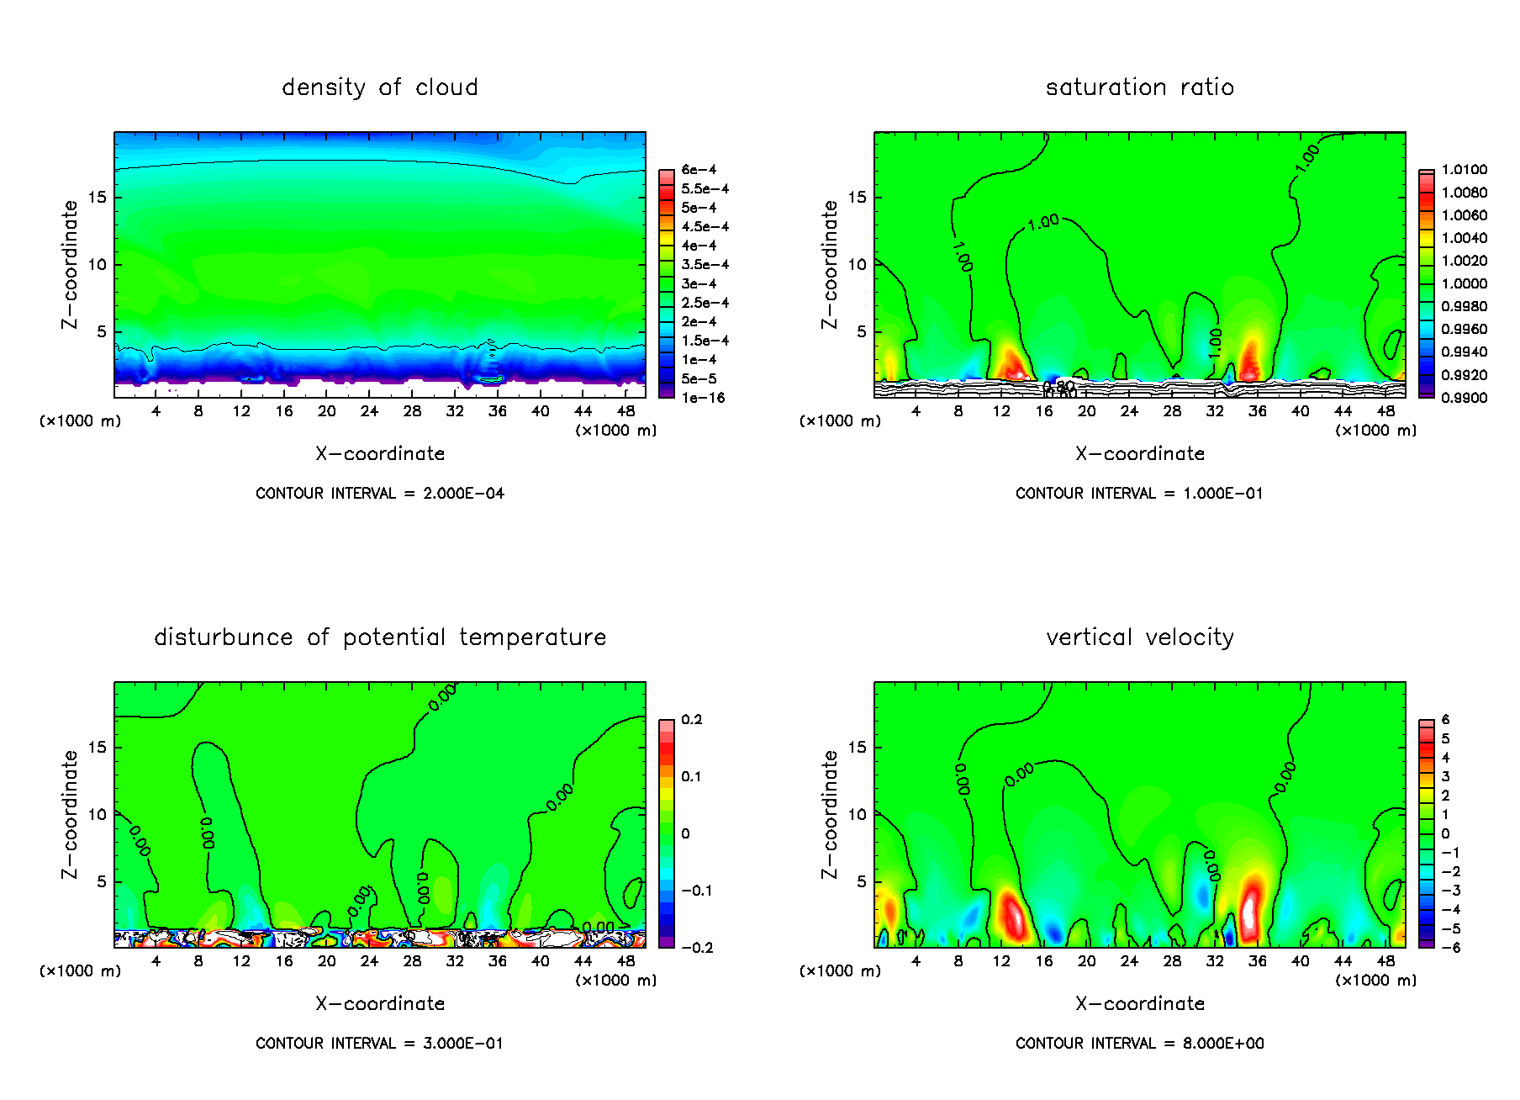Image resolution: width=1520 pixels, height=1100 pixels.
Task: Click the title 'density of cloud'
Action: pos(379,87)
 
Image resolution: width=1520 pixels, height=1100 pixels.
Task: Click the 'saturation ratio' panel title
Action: pos(1139,87)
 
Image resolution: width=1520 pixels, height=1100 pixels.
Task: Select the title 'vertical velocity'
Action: pos(1139,637)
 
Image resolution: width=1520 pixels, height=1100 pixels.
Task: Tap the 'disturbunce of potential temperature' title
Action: pos(379,637)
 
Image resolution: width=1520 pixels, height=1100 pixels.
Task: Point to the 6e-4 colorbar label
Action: pos(699,170)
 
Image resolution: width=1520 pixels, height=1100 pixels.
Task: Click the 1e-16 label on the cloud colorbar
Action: pos(703,398)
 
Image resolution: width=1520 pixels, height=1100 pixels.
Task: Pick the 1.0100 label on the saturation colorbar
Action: pos(1464,170)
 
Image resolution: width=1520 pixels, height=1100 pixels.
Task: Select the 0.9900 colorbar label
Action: pos(1464,398)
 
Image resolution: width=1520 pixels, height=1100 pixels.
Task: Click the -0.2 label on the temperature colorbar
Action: pos(697,948)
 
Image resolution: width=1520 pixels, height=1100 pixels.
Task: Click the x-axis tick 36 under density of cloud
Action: pos(498,411)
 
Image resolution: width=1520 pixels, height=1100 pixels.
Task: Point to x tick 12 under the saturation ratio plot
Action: pos(1001,411)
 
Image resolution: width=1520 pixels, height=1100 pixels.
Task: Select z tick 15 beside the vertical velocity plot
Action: pos(857,748)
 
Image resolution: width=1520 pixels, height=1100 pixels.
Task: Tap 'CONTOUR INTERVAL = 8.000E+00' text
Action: pos(1139,1044)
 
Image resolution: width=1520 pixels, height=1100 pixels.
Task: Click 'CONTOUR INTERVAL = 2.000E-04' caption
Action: pos(379,494)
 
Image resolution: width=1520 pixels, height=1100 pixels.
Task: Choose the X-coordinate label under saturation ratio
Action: pos(1139,454)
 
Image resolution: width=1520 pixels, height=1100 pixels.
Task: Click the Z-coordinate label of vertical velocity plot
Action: pos(830,814)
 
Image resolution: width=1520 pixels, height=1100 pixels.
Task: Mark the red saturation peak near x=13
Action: pos(1011,366)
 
